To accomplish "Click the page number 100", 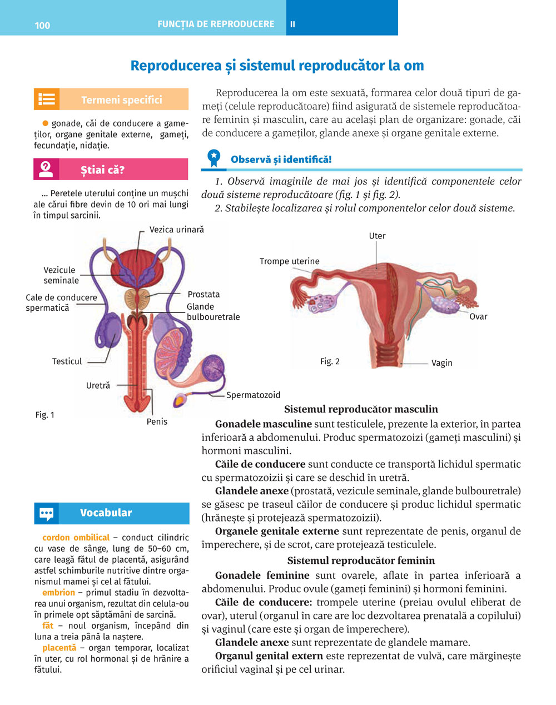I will pos(42,25).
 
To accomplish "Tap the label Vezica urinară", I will pos(176,230).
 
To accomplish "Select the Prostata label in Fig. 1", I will pos(203,294).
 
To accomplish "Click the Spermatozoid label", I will pos(253,395).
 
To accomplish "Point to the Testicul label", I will pos(67,361).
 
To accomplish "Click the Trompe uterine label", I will pos(289,261).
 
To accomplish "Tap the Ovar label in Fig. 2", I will pos(478,316).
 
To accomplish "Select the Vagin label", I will pos(441,363).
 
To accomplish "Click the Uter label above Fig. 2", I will pos(377,236).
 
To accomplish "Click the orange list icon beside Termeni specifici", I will pos(47,100).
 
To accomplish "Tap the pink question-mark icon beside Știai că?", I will pos(46,169).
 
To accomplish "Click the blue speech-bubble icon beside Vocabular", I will pos(47,513).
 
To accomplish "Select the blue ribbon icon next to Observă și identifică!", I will pos(214,158).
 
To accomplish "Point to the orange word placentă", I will pos(59,648).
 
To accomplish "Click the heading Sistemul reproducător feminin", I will pos(361,560).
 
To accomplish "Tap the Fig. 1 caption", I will pos(44,415).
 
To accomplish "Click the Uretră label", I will pos(98,385).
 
